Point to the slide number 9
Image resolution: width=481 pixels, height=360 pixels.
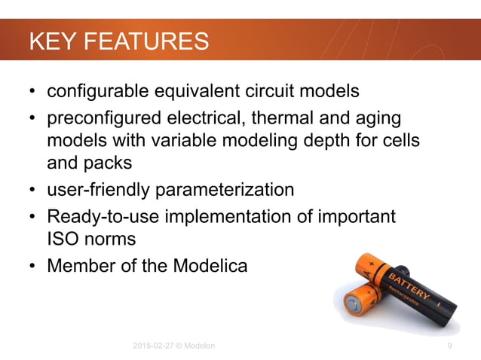tap(449, 346)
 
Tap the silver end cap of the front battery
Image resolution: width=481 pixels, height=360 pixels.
tap(353, 304)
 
